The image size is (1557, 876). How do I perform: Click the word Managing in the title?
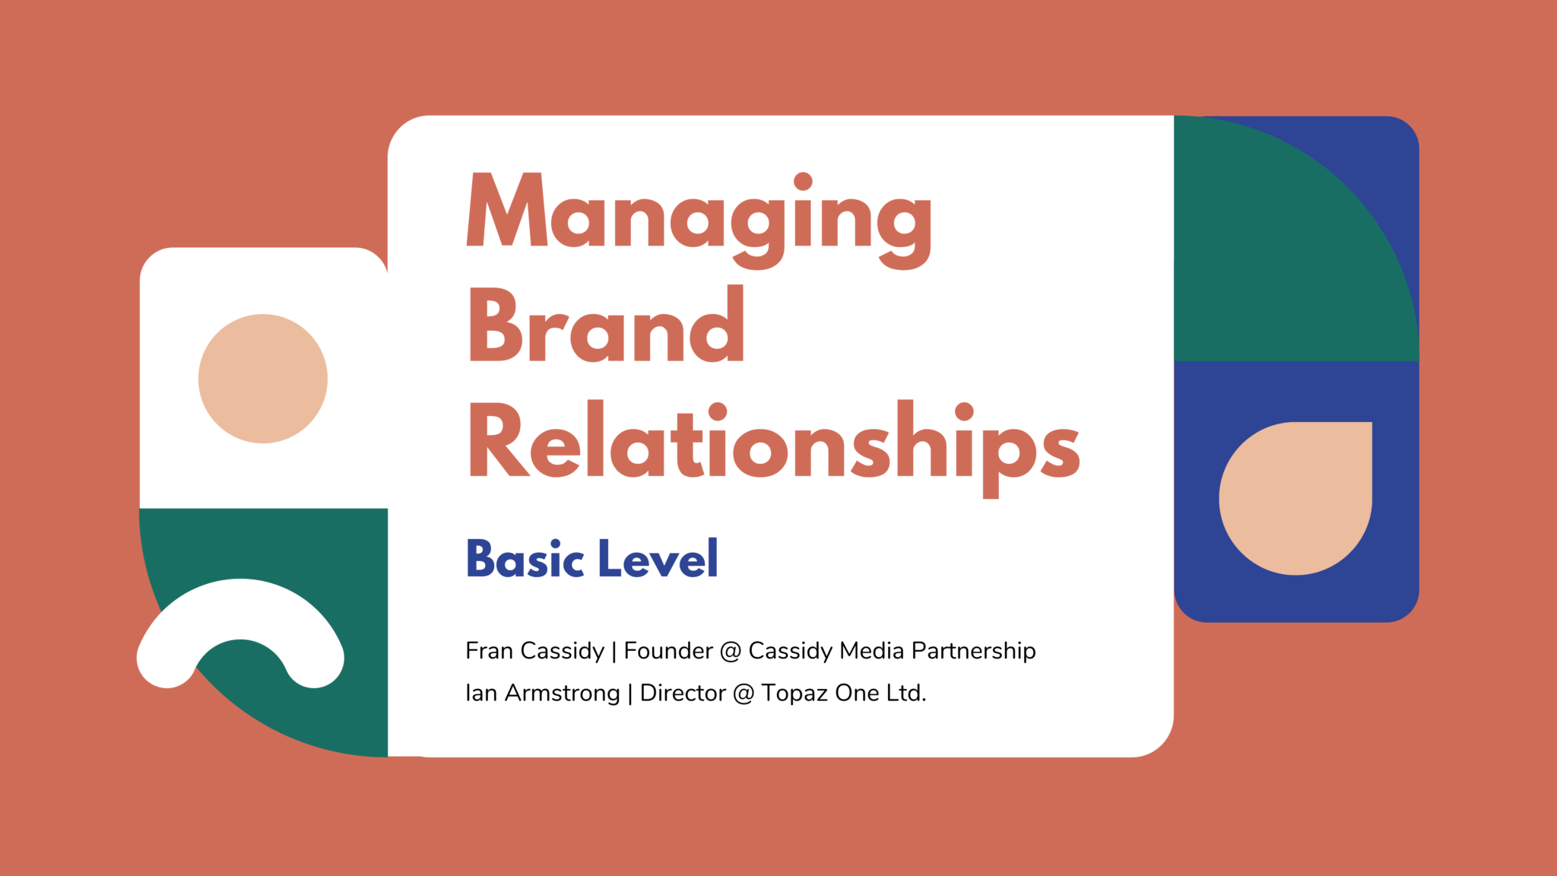tap(699, 221)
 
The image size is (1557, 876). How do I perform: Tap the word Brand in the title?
tap(606, 325)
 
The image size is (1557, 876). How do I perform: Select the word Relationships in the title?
tap(774, 449)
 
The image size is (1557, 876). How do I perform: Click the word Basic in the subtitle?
tap(525, 559)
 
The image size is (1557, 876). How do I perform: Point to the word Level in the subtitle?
tap(658, 559)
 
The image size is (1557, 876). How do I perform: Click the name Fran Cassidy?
tap(534, 651)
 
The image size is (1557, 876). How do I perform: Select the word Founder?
tap(668, 651)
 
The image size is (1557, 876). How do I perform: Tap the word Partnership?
tap(974, 652)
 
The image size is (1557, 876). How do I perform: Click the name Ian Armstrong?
tap(543, 693)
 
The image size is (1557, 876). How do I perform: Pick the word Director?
tap(683, 693)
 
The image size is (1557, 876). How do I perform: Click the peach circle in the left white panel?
tap(263, 379)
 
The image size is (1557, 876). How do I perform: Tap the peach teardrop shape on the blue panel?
tap(1295, 498)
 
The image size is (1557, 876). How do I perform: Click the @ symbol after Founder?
tap(731, 652)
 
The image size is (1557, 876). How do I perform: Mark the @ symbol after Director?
tap(744, 694)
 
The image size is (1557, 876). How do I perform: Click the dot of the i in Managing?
tap(804, 181)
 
